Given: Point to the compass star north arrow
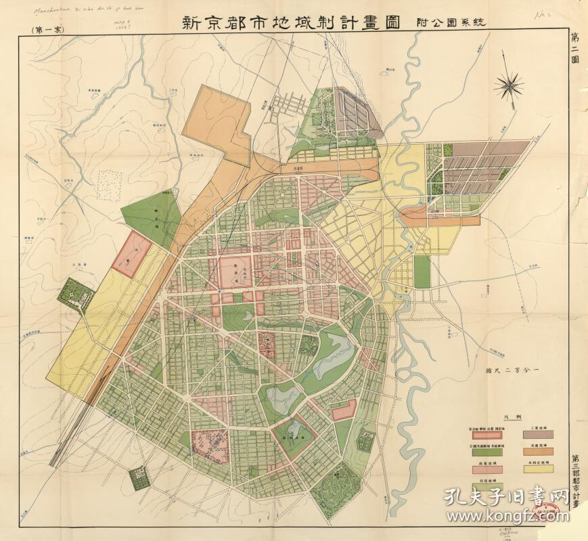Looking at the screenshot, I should [510, 85].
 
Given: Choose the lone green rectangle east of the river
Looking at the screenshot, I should [422, 272].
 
